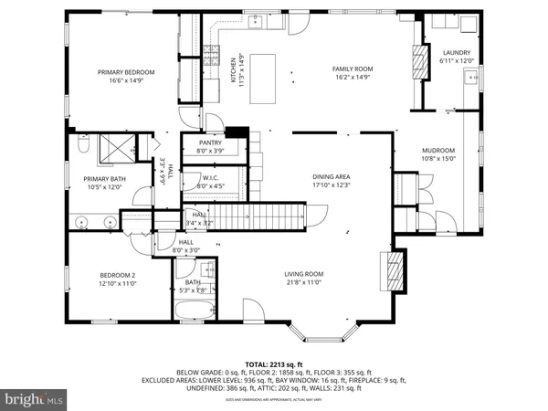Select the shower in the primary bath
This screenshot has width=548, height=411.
(x=115, y=146)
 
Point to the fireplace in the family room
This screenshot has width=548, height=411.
(x=421, y=63)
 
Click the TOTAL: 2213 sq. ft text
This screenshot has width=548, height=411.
(x=274, y=363)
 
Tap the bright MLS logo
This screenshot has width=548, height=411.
(x=36, y=399)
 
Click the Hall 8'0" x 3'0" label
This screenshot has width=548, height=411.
(x=186, y=247)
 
